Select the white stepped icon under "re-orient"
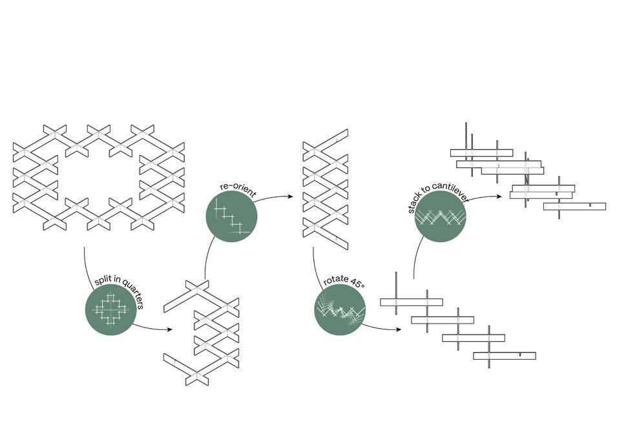(230, 218)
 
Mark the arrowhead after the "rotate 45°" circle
(399, 329)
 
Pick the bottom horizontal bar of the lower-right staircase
(505, 355)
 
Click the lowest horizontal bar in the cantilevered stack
(574, 206)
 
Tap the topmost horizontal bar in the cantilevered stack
(481, 152)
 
